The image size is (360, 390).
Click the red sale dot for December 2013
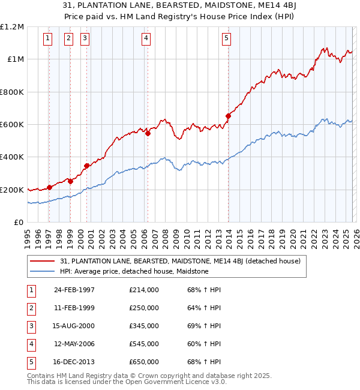point(228,116)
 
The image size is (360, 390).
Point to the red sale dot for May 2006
point(148,133)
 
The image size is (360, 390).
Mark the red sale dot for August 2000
point(87,166)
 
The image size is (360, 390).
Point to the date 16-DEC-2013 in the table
point(74,362)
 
